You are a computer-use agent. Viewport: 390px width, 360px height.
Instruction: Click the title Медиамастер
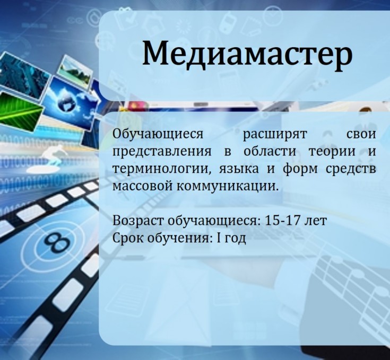click(247, 55)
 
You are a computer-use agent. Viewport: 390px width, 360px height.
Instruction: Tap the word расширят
click(275, 135)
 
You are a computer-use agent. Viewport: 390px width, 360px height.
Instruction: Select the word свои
click(361, 134)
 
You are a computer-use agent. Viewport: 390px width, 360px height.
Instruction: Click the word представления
click(162, 152)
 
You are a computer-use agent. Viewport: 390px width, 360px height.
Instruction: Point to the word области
click(270, 151)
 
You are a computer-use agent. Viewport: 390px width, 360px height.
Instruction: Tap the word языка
click(239, 169)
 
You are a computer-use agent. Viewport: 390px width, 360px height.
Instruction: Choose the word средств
click(351, 169)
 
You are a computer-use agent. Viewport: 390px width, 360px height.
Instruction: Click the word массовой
click(142, 186)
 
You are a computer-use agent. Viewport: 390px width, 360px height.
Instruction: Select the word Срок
click(127, 238)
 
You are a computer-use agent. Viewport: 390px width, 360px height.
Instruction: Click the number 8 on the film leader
click(57, 242)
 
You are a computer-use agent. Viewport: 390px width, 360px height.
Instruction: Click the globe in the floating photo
click(67, 103)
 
